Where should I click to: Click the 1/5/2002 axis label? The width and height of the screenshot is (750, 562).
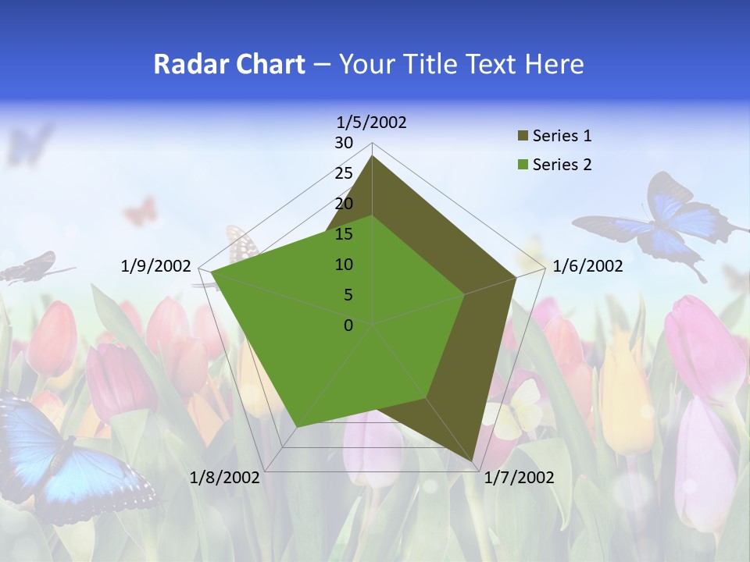click(372, 123)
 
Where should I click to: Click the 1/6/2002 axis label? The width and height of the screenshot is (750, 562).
click(587, 266)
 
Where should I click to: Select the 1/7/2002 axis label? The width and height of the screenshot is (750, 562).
click(519, 478)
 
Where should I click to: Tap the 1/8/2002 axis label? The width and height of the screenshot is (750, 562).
click(225, 478)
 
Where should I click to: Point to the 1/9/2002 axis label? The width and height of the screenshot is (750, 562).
click(156, 266)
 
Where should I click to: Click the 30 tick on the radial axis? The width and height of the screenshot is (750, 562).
click(344, 143)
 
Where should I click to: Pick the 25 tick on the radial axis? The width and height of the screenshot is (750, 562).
click(344, 173)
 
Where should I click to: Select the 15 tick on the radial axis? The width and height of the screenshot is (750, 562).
click(344, 234)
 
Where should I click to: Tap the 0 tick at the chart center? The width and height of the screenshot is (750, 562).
click(348, 325)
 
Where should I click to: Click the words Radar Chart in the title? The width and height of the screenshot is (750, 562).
click(229, 65)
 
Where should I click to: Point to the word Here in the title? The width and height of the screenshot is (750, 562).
click(555, 65)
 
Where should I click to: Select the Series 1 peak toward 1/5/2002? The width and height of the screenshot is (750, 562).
click(373, 156)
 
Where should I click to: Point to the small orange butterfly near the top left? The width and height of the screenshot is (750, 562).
click(141, 211)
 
